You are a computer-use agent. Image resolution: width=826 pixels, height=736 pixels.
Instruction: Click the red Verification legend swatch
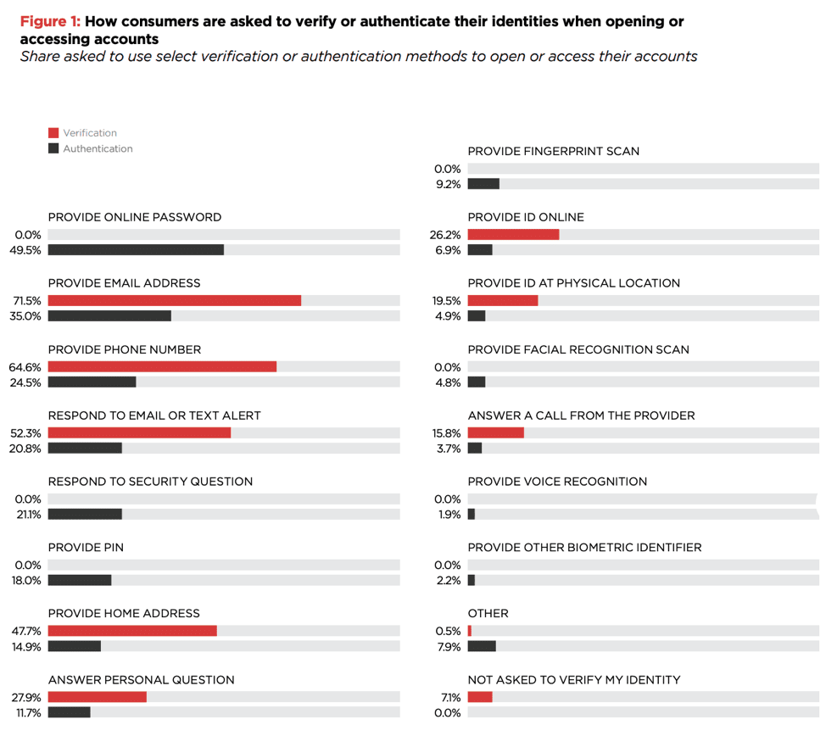click(53, 133)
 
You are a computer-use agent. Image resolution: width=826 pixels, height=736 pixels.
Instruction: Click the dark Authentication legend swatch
click(53, 148)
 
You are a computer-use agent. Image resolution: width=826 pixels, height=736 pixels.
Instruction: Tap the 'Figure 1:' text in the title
click(49, 22)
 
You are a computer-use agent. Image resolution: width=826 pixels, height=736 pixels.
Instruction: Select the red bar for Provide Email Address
click(174, 300)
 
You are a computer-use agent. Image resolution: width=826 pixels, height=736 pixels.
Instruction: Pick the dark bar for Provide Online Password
click(136, 250)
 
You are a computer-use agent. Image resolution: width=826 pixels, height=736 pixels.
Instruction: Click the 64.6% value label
click(25, 367)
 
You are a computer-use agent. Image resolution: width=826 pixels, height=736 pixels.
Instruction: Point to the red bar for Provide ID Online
click(513, 234)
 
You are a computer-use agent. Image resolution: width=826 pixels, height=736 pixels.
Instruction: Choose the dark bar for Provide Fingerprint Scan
click(483, 184)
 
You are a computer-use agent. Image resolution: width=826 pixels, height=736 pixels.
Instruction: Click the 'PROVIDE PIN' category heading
click(86, 548)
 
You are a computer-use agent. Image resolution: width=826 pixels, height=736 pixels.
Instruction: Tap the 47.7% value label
click(25, 631)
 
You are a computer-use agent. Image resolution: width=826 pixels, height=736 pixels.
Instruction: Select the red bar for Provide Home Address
click(132, 631)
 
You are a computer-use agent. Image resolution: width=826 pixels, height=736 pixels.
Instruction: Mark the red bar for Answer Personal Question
click(97, 697)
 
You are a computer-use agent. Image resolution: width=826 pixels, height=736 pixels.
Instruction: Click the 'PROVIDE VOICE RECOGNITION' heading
click(557, 482)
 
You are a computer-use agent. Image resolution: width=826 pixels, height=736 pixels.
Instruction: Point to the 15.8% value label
click(446, 433)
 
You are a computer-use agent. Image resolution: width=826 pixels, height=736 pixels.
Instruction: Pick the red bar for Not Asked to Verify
click(479, 697)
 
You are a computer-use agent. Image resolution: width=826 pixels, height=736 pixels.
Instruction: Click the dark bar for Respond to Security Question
click(85, 515)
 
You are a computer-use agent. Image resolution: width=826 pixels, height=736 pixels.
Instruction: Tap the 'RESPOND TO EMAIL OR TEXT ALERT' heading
click(154, 415)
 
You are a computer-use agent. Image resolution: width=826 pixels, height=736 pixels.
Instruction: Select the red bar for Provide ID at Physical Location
click(502, 300)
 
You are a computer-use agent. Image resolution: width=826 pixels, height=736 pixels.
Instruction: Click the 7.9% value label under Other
click(448, 647)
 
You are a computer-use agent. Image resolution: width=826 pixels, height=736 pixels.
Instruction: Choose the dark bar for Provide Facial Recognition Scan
click(476, 382)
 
